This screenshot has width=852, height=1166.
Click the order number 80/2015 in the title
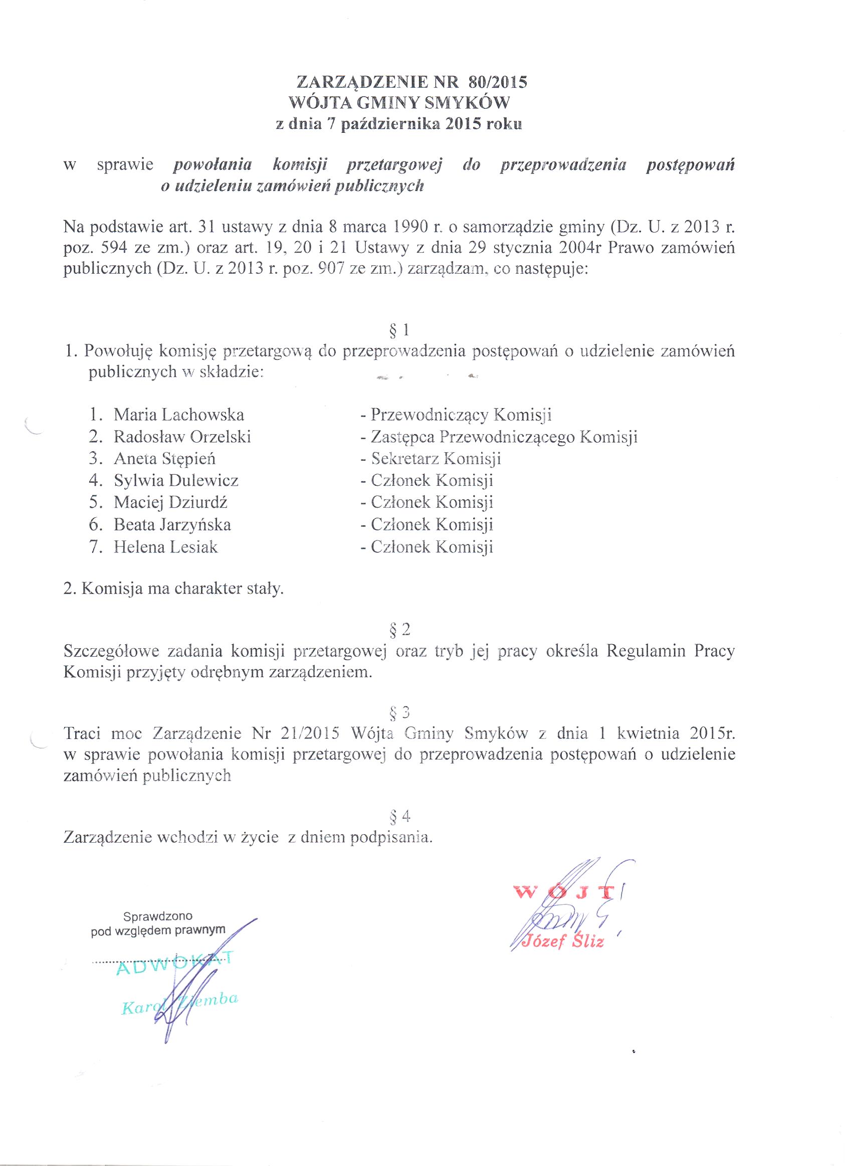pos(498,83)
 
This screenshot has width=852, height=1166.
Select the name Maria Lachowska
pos(178,415)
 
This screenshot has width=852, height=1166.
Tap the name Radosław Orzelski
pos(182,437)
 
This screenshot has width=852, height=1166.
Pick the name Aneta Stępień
pos(164,459)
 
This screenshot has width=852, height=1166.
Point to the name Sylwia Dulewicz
pos(176,481)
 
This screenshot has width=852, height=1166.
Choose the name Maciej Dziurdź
pos(171,502)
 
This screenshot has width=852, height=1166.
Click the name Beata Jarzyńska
pos(172,524)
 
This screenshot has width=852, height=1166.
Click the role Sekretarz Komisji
pos(436,459)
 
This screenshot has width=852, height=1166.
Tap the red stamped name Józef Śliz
pos(563,941)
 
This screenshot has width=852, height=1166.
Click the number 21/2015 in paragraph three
pos(309,733)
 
